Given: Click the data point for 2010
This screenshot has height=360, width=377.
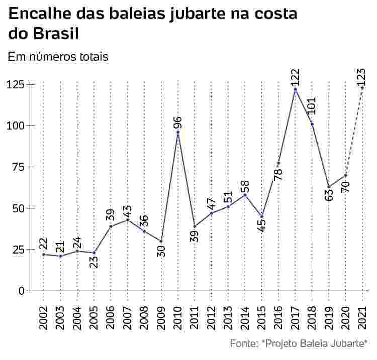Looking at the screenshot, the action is click(x=178, y=132).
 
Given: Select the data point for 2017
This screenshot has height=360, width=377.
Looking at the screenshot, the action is click(x=296, y=89).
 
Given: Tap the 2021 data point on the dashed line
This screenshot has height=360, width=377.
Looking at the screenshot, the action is click(x=362, y=88).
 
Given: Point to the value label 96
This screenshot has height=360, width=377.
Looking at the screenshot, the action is click(x=178, y=122).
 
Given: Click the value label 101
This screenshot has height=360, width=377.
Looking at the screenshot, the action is click(x=312, y=106).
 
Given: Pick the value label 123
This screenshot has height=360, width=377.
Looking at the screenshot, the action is click(x=361, y=77).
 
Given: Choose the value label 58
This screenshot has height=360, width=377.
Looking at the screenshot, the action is click(x=245, y=186).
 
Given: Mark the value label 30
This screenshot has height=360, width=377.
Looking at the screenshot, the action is click(x=161, y=252).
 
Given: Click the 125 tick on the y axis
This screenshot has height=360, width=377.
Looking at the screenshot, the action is click(x=16, y=85).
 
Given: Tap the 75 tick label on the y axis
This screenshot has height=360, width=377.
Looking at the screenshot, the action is click(x=19, y=167).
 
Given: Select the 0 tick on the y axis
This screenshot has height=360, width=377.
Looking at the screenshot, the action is click(x=22, y=291).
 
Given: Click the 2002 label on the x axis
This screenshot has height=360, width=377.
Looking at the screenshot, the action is click(x=44, y=318).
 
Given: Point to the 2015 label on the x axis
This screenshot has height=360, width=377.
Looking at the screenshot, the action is click(x=262, y=318).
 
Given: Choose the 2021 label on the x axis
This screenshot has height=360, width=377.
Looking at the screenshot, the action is click(x=362, y=318).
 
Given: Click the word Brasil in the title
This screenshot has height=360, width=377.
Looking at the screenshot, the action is click(x=56, y=34).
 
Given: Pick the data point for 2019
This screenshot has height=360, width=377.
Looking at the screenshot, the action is click(x=329, y=186).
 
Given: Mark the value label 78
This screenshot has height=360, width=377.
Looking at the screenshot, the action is click(x=278, y=175).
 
